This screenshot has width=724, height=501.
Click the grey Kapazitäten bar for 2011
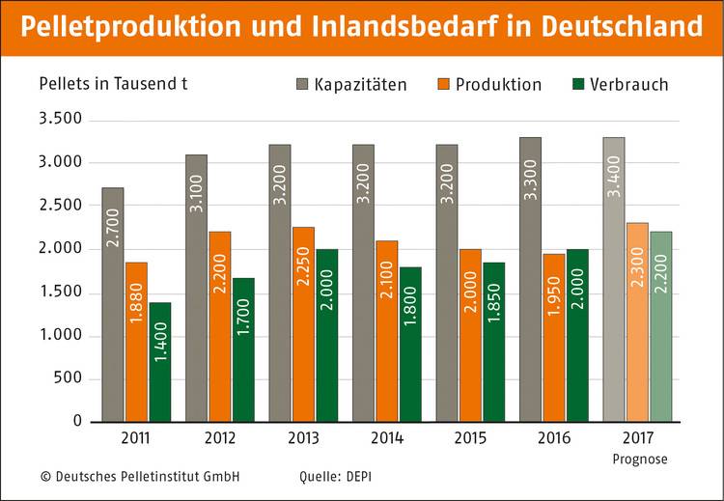tap(113, 304)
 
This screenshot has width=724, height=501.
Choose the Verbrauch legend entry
tap(622, 84)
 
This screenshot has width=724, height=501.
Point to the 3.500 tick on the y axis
tap(59, 120)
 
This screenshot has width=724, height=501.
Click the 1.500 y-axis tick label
tap(59, 292)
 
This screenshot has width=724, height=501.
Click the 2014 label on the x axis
tap(388, 438)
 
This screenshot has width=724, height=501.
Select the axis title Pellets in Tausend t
tap(113, 82)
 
